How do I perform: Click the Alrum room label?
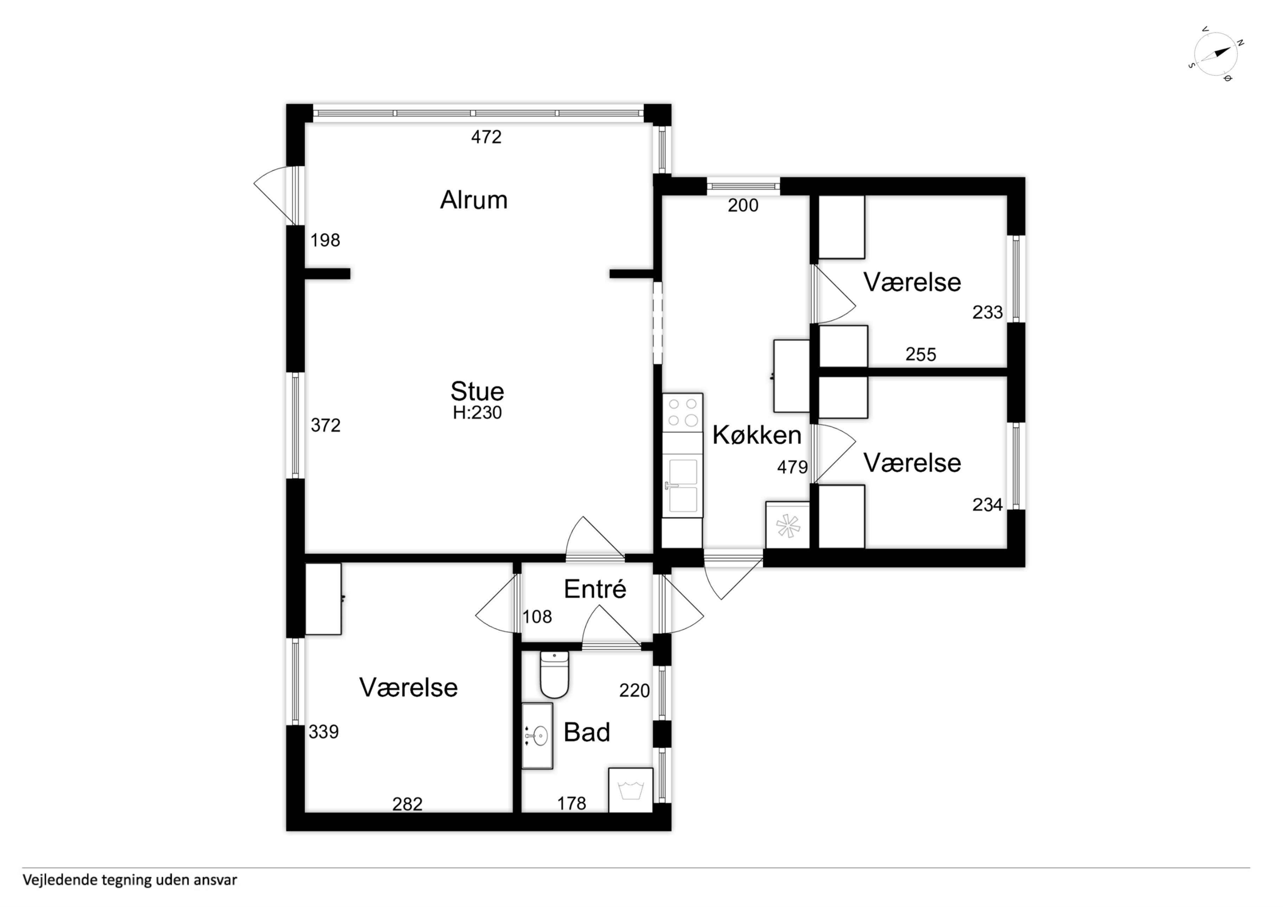[474, 200]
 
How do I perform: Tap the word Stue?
[477, 391]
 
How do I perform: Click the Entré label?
[595, 589]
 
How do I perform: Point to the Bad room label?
[587, 732]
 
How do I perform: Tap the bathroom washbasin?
[537, 736]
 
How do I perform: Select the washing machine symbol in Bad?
[631, 790]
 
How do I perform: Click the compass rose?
[1215, 54]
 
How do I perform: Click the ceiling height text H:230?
[477, 413]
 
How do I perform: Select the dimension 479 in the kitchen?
[792, 467]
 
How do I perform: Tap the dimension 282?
[407, 804]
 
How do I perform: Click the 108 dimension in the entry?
[537, 617]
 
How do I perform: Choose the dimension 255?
[921, 354]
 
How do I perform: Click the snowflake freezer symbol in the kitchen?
[788, 526]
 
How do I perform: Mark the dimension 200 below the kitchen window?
[743, 206]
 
